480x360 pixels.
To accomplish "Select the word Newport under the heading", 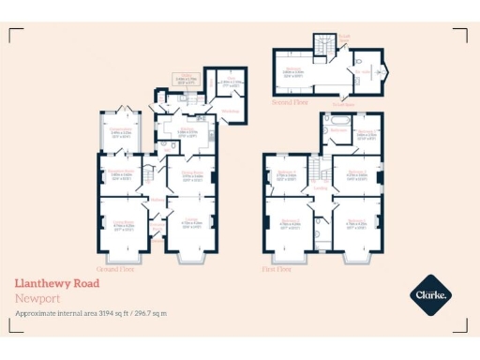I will coord(34,297).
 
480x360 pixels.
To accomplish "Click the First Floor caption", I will coord(277,268).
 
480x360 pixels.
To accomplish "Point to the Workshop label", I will coord(229,110).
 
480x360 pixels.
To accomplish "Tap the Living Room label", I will coord(123,222).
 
